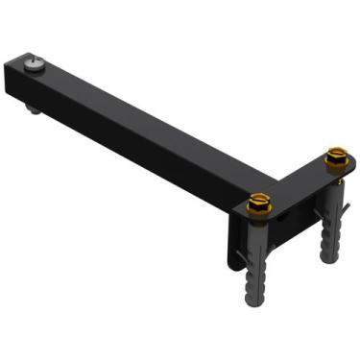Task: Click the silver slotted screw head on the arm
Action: (x=36, y=64)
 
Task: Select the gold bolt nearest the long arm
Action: (x=259, y=204)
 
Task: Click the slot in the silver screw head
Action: (x=36, y=63)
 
